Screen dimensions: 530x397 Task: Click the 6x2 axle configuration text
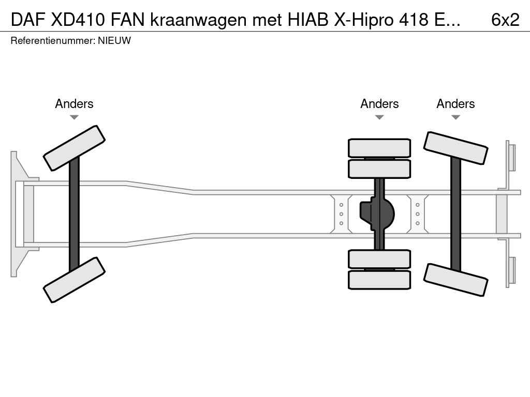click(x=505, y=20)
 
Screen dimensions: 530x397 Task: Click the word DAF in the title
click(x=28, y=20)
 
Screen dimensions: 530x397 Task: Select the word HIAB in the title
click(x=308, y=20)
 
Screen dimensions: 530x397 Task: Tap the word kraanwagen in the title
click(x=198, y=21)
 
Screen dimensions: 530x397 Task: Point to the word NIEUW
click(x=114, y=40)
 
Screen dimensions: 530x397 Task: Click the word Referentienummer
click(x=53, y=40)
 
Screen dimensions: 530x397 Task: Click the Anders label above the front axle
click(x=74, y=103)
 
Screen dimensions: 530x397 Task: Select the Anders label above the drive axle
click(x=379, y=103)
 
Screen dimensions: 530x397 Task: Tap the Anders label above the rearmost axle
click(x=455, y=103)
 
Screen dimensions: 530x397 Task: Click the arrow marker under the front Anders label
click(x=74, y=117)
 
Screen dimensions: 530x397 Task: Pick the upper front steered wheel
click(x=74, y=148)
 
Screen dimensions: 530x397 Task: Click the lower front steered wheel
click(x=74, y=280)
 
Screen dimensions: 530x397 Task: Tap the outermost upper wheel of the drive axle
click(x=379, y=148)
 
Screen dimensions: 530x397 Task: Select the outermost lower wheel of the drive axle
click(x=379, y=280)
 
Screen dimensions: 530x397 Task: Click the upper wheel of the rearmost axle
click(x=455, y=148)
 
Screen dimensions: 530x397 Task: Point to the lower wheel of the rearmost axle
click(x=455, y=280)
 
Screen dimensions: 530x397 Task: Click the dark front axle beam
click(x=74, y=214)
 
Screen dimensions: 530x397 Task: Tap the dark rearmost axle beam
click(x=455, y=214)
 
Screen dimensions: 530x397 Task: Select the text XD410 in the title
click(x=78, y=20)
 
